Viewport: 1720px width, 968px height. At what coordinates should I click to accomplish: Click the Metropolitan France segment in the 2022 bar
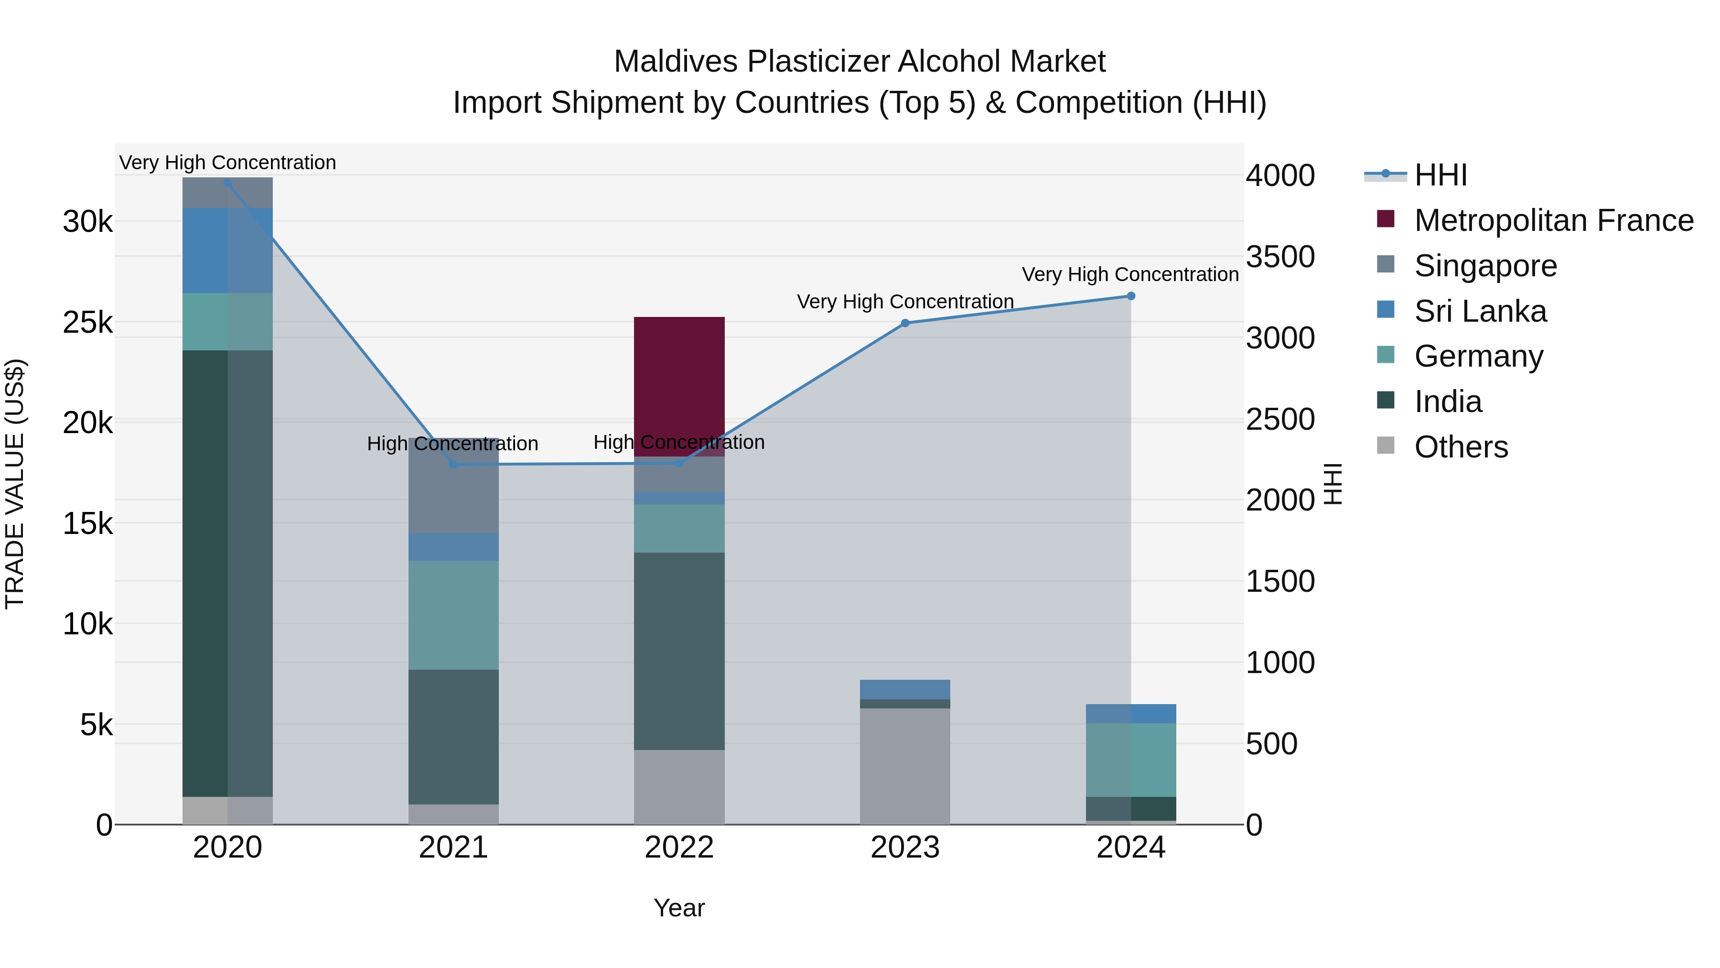(679, 386)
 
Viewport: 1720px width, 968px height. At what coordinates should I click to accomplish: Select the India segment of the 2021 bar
(453, 736)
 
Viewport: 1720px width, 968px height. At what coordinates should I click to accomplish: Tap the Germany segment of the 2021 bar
(453, 615)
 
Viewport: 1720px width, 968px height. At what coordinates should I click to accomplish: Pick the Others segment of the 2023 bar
(905, 766)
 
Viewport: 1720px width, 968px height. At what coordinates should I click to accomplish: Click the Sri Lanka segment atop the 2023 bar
(905, 689)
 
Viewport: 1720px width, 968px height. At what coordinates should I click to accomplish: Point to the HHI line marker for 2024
(1130, 296)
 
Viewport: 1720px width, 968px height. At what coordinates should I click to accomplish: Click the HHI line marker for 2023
(905, 323)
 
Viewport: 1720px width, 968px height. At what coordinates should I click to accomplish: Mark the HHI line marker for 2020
(228, 183)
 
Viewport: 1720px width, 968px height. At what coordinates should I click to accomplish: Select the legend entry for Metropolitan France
(1553, 220)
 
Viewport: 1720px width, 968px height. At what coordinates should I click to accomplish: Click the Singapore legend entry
(1485, 266)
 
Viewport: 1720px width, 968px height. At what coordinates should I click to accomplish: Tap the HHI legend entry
(1440, 175)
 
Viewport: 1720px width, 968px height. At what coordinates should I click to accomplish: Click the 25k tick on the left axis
(87, 323)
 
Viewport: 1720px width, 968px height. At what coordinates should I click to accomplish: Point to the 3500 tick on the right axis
(1280, 257)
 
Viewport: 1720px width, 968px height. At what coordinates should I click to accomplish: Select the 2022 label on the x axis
(679, 848)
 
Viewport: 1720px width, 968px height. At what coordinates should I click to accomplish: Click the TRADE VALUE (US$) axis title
(15, 484)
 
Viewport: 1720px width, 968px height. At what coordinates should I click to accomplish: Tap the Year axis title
(679, 908)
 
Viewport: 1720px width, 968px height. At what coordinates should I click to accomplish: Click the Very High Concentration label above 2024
(1130, 274)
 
